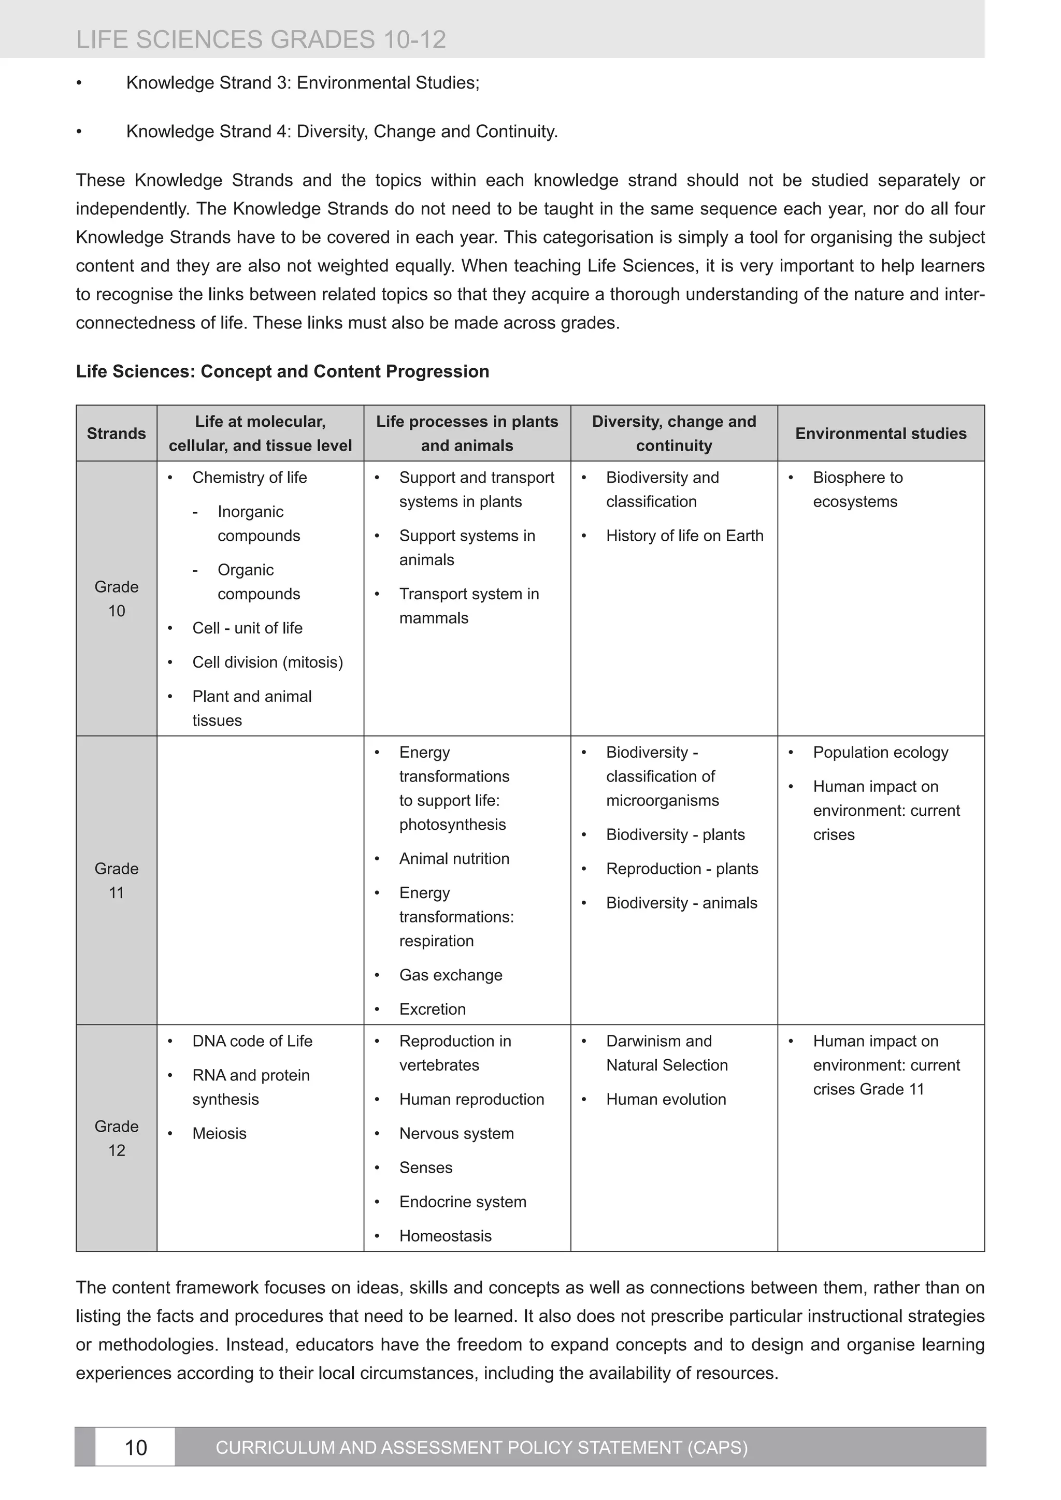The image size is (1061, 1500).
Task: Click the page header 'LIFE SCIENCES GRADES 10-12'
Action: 261,40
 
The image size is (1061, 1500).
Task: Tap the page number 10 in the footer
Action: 135,1447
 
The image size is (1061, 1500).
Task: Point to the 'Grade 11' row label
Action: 116,880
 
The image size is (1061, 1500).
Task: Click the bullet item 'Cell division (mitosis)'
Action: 267,662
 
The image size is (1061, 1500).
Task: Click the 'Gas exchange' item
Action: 450,975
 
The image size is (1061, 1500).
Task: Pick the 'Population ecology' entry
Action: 880,752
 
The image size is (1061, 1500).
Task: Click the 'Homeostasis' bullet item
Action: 445,1235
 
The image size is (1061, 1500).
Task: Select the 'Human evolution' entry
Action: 666,1099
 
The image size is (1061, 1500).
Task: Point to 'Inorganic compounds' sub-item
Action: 258,523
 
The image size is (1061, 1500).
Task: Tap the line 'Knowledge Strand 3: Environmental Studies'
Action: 303,83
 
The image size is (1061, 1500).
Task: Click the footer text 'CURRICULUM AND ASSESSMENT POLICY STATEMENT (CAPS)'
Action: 481,1447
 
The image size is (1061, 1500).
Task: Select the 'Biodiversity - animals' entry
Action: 681,903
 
